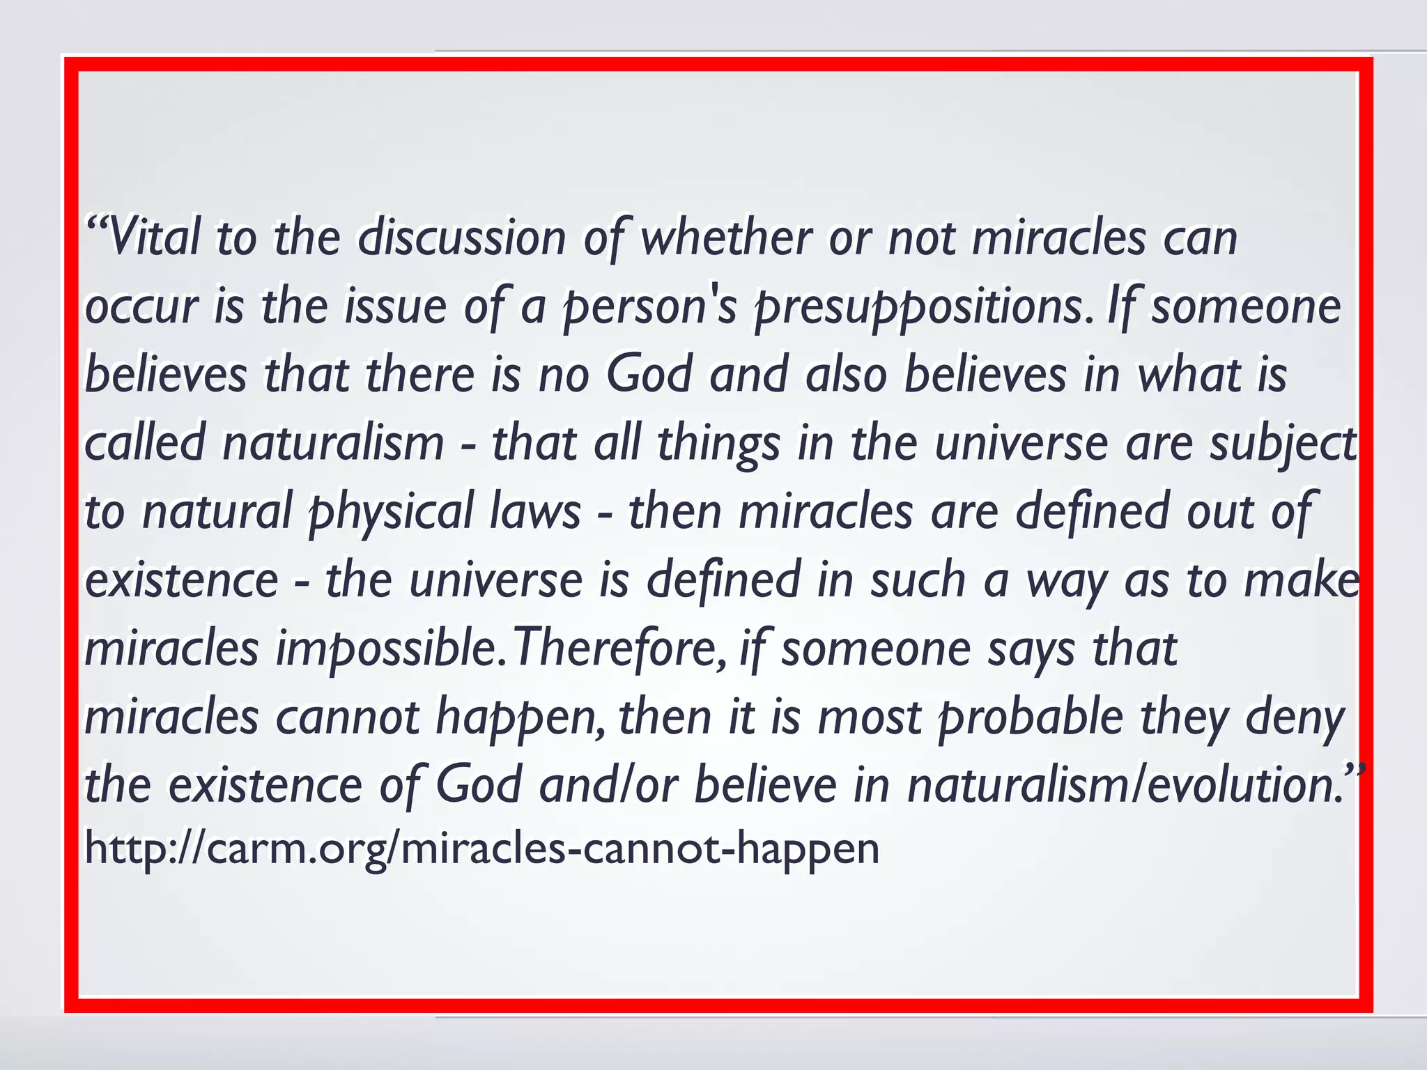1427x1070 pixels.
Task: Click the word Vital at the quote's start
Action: pos(153,238)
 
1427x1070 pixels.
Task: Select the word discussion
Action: pos(462,238)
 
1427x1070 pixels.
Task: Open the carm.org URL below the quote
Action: pos(481,848)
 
